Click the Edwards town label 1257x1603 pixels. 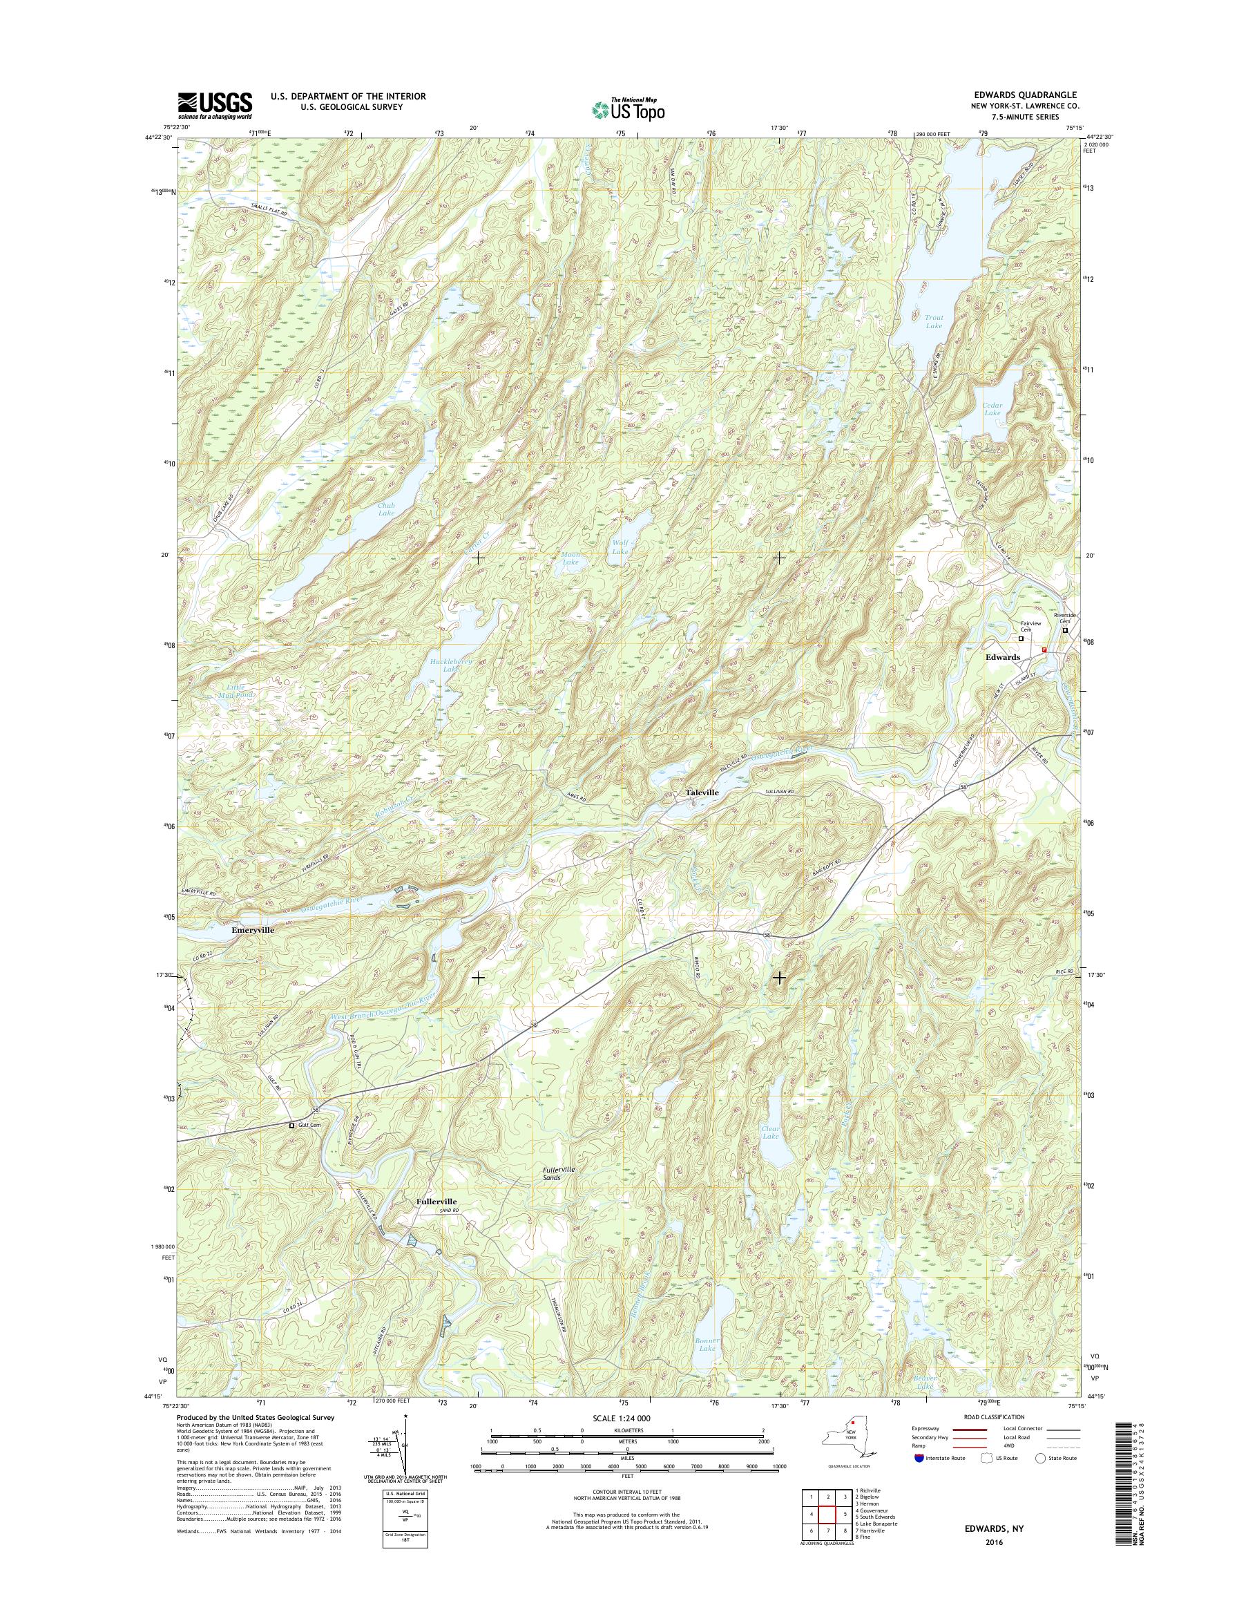coord(1002,657)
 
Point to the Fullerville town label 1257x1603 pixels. coord(436,1201)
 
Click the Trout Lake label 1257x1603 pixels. coord(933,321)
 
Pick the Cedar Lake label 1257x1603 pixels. coord(992,408)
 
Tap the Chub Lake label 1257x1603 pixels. coord(386,509)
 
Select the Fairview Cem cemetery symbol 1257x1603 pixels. coord(1021,639)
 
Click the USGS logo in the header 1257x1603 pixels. coord(214,105)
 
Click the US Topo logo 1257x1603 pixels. coord(628,109)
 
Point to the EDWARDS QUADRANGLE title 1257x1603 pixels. coord(1033,95)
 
